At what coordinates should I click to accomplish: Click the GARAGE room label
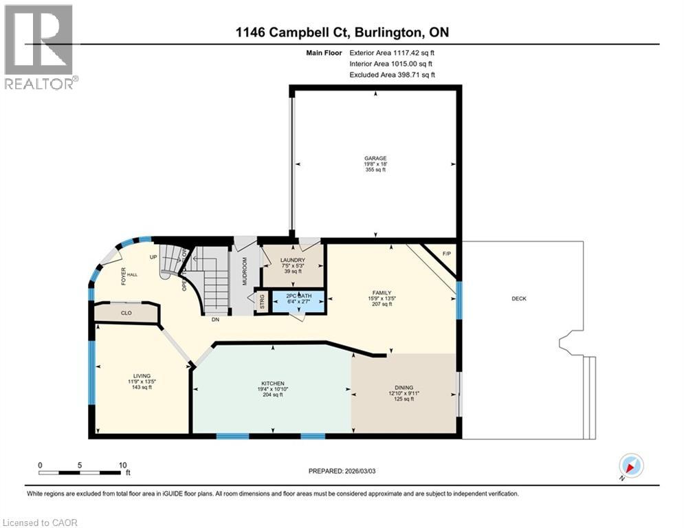[375, 158]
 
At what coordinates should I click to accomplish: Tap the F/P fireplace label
[446, 253]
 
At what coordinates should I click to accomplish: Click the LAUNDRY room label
[292, 260]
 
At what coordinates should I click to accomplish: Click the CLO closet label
[126, 313]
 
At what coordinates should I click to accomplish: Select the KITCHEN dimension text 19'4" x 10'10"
[273, 388]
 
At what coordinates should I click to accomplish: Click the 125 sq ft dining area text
[403, 399]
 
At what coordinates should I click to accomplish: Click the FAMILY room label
[382, 292]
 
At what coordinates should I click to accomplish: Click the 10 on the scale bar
[122, 465]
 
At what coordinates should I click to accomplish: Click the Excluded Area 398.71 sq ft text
[392, 75]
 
